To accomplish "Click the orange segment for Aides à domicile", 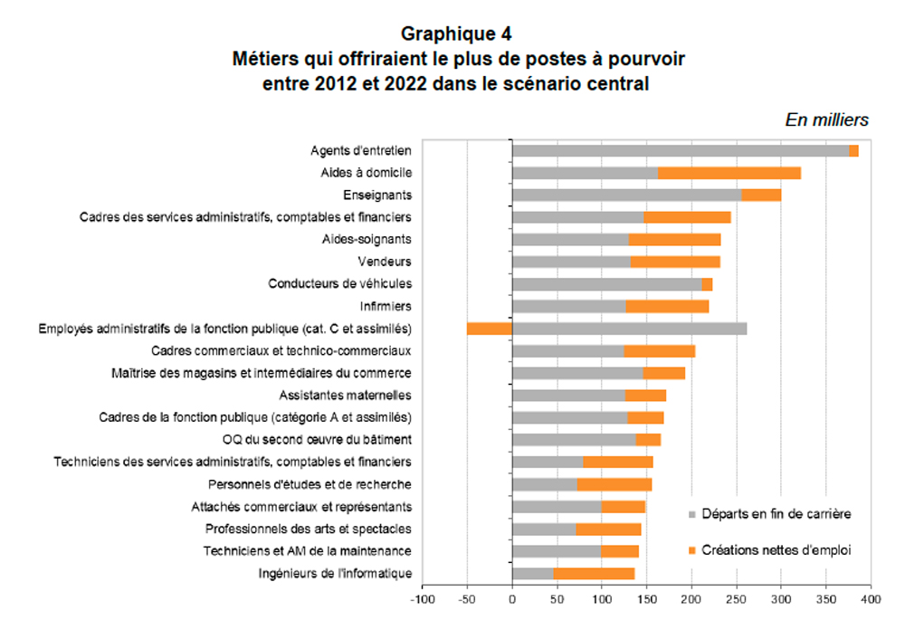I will (729, 173).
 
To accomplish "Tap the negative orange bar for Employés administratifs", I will (490, 329).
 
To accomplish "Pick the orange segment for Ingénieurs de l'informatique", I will (594, 573).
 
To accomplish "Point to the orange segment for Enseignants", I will (761, 196).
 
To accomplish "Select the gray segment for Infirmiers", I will (568, 307).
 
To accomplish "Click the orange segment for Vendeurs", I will (675, 262).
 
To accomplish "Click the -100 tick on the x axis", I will (422, 599).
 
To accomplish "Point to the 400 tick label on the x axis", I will (871, 599).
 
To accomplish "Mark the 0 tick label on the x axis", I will (512, 599).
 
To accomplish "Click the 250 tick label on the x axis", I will (736, 599).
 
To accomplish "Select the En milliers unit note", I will (826, 119).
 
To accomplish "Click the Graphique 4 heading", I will (456, 34).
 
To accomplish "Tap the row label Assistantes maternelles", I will (346, 396).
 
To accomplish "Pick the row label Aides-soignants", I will (367, 240).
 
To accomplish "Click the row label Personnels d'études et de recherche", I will (310, 484).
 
